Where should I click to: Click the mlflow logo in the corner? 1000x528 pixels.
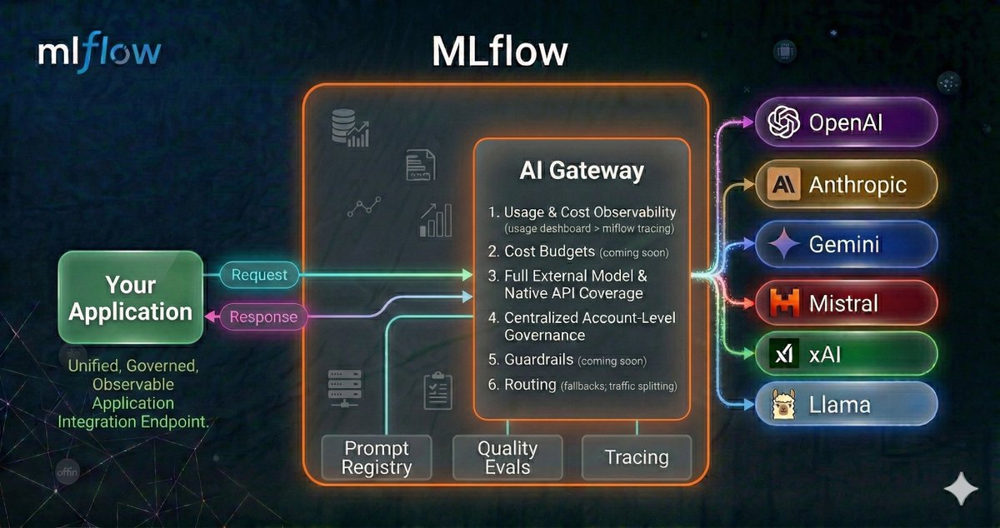click(x=99, y=52)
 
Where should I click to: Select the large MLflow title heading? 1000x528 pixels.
click(x=500, y=52)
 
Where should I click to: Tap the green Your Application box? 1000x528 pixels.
click(x=131, y=298)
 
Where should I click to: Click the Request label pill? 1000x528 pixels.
click(x=259, y=275)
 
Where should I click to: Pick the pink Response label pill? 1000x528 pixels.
click(x=262, y=316)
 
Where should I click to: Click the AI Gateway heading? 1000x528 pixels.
click(x=582, y=171)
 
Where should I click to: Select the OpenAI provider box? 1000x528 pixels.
click(x=846, y=123)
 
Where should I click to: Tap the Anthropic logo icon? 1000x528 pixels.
click(x=784, y=184)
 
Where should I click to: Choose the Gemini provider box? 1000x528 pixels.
click(x=846, y=245)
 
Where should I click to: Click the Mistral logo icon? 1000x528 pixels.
click(x=784, y=303)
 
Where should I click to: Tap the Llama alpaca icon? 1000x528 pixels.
click(x=784, y=406)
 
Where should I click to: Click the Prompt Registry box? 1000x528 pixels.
click(x=377, y=457)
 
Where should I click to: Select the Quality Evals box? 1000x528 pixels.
click(x=507, y=457)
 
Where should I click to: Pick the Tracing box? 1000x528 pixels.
click(x=637, y=457)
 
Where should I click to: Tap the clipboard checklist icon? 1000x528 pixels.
click(x=437, y=391)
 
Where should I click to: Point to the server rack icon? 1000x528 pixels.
click(x=344, y=386)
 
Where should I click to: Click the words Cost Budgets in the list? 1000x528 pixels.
click(x=549, y=252)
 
